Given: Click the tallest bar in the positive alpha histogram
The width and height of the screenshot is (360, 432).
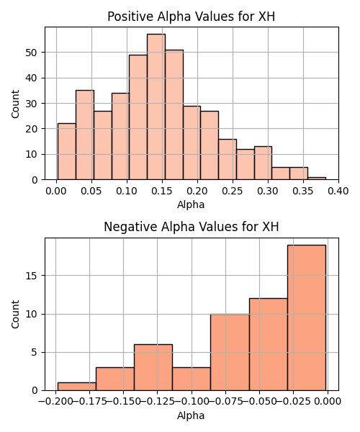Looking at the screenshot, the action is [156, 107].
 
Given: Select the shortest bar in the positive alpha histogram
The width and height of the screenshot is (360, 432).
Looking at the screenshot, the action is [317, 179].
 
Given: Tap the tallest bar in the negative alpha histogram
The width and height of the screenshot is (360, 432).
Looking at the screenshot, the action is [307, 318].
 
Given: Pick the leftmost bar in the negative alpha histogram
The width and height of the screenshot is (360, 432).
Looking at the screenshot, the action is [77, 387].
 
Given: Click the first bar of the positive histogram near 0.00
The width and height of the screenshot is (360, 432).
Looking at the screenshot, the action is [67, 151].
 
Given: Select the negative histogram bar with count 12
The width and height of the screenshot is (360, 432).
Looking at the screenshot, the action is [269, 344].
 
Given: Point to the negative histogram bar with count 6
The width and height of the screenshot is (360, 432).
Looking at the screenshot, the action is [153, 367].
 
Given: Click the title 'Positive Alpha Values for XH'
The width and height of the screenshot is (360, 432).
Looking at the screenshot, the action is [191, 17].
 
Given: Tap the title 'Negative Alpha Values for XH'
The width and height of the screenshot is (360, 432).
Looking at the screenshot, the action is [192, 227].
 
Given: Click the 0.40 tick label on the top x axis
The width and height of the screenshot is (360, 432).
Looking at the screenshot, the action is [338, 191].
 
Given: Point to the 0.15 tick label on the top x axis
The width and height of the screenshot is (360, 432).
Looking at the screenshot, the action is [162, 191].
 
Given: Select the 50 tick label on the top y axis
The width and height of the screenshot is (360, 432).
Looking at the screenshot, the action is [32, 53].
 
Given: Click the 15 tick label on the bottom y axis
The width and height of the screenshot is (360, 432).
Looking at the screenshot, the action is [32, 276].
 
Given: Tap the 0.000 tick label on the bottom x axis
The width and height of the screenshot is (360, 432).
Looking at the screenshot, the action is [328, 402].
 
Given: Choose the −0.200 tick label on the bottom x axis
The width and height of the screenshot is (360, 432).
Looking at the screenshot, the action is [56, 402].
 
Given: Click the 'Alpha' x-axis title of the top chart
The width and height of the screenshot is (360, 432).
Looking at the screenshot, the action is [191, 204].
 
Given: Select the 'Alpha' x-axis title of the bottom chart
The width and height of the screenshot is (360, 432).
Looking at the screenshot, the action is [191, 415].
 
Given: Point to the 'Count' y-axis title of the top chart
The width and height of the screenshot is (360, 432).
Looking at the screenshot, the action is [15, 104].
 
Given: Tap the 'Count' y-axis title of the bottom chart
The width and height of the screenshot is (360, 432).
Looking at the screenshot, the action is [15, 315].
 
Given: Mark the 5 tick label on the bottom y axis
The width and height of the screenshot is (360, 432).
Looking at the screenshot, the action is [35, 352].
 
